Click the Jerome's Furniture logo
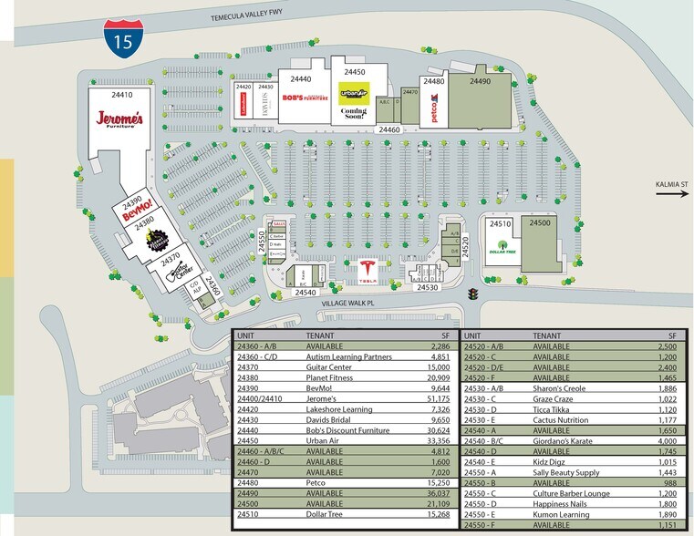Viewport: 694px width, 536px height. [x=121, y=120]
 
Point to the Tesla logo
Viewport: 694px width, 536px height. [x=368, y=272]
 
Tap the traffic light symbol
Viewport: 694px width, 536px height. [x=473, y=294]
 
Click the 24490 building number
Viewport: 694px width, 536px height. [x=481, y=82]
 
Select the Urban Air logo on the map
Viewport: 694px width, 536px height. [x=353, y=92]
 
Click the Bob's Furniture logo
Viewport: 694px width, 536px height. [x=305, y=98]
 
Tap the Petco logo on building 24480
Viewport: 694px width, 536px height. [x=433, y=112]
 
